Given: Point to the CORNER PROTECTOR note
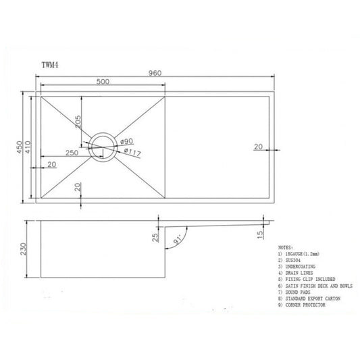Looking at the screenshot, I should pyautogui.click(x=301, y=305).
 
